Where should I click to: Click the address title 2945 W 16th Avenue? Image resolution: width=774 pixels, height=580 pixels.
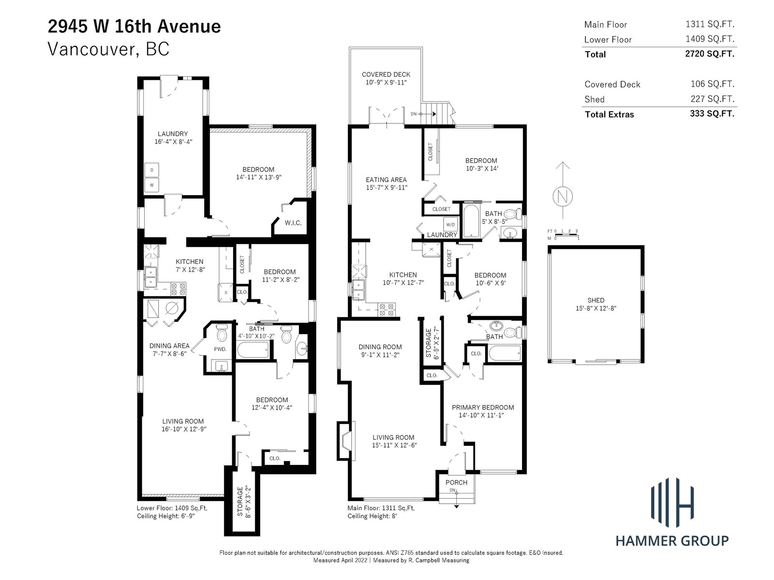click(134, 27)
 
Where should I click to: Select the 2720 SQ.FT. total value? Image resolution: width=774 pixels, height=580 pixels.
click(710, 54)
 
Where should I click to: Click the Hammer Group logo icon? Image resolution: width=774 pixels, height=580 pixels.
click(672, 503)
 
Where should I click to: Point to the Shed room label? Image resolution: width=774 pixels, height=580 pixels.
click(596, 300)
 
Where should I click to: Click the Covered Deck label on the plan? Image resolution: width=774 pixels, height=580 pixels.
click(386, 74)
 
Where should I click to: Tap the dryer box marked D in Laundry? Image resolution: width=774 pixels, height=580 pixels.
click(152, 170)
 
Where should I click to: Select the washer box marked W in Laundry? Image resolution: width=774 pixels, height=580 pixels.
click(152, 185)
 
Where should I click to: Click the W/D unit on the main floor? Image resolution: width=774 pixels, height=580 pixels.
click(450, 224)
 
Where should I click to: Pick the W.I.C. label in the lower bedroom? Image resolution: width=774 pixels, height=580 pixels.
click(293, 222)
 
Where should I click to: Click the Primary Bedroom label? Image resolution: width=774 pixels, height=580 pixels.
click(483, 407)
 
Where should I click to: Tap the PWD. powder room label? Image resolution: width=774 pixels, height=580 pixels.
click(220, 349)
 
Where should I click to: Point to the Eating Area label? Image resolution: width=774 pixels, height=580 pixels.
click(386, 180)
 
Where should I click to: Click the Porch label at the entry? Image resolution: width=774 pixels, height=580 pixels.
click(456, 482)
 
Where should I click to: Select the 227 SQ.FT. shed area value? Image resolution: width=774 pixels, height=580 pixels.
click(712, 99)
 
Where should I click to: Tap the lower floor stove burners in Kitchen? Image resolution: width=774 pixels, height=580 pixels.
click(179, 289)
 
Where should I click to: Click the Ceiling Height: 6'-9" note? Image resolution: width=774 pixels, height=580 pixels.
click(166, 516)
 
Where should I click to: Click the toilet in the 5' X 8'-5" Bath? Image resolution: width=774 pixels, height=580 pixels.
click(513, 214)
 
